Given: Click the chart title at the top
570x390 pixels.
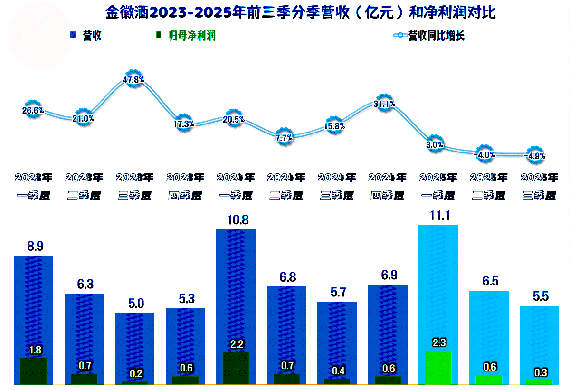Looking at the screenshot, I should pos(300,12).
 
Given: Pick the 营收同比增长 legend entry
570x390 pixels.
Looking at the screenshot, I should pos(430,36).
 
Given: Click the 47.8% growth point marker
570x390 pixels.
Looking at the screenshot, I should pos(133,79).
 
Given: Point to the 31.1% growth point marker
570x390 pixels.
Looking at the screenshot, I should pos(385,104).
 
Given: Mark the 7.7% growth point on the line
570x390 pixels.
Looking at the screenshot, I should pos(284,138).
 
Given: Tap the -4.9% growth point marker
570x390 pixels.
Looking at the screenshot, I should pos(534,155).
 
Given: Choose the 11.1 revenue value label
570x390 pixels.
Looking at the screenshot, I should pos(437,215).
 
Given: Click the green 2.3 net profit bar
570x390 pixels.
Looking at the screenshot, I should pos(437,367).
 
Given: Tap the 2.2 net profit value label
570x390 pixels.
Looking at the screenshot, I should pos(236,343).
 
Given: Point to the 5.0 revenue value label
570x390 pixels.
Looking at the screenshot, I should pos(134,304).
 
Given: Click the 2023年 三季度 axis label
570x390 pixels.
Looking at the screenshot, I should pos(134,186).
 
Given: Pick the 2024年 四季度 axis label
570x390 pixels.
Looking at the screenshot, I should pos(387,186).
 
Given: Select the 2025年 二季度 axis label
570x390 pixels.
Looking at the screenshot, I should pos(488,186).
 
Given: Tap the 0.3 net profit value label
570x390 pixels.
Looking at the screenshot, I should pos(539,372).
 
